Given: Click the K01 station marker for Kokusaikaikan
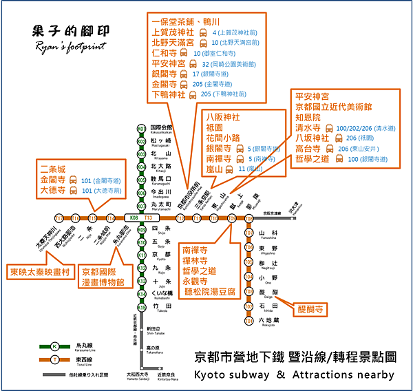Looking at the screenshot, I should tap(141, 129).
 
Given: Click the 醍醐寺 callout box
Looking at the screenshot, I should tap(309, 310).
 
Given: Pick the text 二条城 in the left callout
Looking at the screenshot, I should tap(53, 169).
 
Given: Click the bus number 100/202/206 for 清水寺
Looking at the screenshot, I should tap(364, 129).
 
